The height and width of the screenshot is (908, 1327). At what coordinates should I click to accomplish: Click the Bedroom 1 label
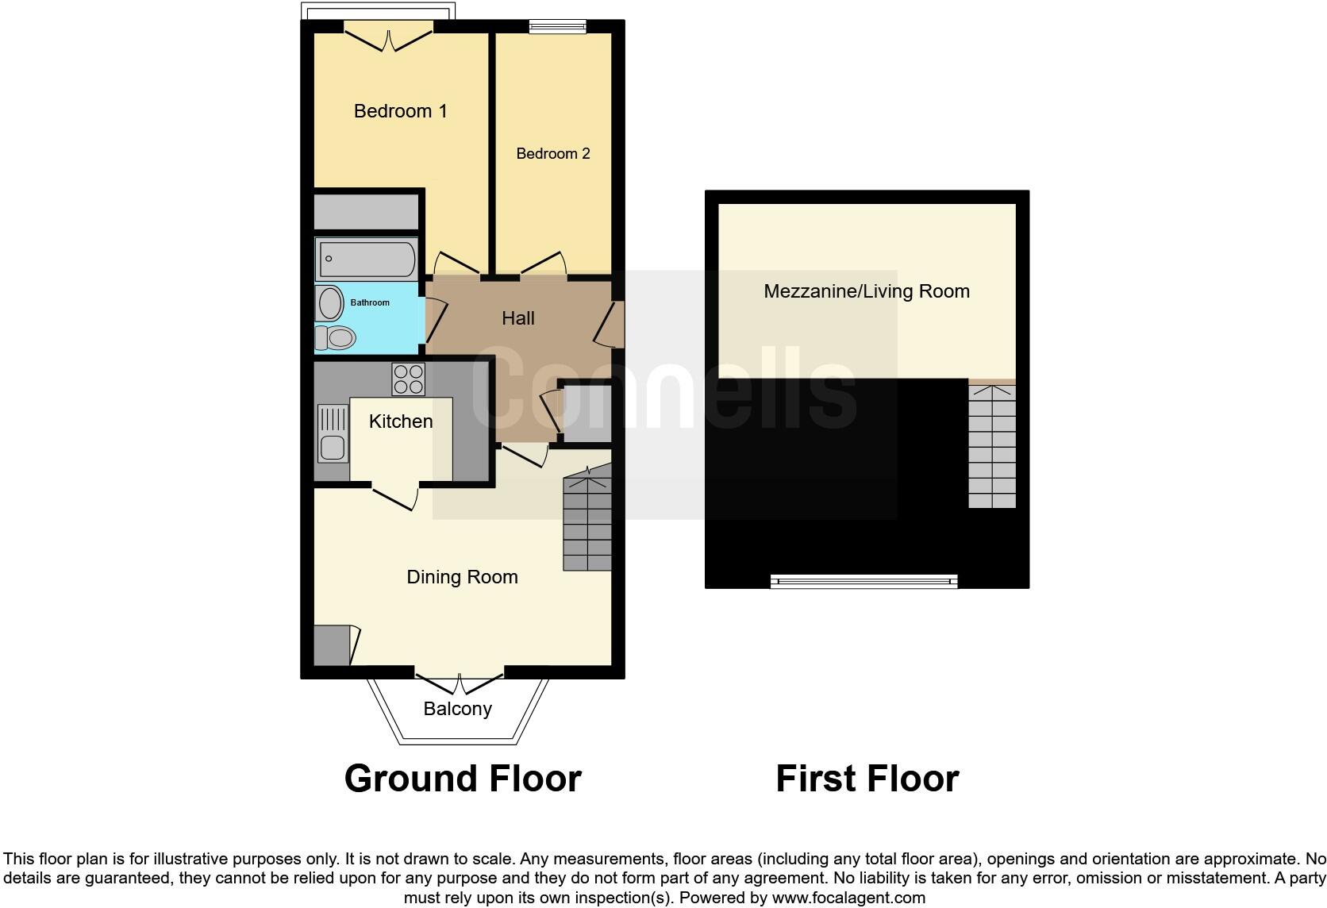(400, 111)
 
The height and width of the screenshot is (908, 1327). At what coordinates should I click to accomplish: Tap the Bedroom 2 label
(553, 153)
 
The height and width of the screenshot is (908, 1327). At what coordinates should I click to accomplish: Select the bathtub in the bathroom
(366, 259)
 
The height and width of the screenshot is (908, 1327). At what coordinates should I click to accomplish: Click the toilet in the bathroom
(334, 338)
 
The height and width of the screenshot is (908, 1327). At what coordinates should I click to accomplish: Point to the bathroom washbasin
(329, 303)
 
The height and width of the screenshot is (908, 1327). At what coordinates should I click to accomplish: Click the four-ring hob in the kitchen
(408, 379)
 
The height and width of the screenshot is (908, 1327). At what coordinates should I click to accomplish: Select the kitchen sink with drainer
(333, 433)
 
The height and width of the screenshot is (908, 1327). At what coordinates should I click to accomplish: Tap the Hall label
(517, 318)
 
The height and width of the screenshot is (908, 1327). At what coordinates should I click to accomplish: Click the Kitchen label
(401, 421)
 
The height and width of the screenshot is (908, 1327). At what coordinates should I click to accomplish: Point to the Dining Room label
(462, 577)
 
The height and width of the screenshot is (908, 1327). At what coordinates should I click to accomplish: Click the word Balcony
(457, 709)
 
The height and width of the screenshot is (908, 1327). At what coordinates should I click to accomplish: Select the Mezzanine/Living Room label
(867, 291)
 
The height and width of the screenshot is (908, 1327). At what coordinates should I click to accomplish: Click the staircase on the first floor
(992, 446)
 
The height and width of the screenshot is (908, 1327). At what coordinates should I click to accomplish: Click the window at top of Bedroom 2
(558, 28)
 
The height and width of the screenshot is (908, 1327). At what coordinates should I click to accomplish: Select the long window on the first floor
(864, 582)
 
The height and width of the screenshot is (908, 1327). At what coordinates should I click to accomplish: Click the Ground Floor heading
(463, 779)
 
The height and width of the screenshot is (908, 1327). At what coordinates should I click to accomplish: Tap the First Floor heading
(867, 779)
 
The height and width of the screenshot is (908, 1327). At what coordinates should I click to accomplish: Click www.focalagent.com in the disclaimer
(848, 898)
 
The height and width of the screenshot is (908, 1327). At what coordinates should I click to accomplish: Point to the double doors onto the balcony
(460, 682)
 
